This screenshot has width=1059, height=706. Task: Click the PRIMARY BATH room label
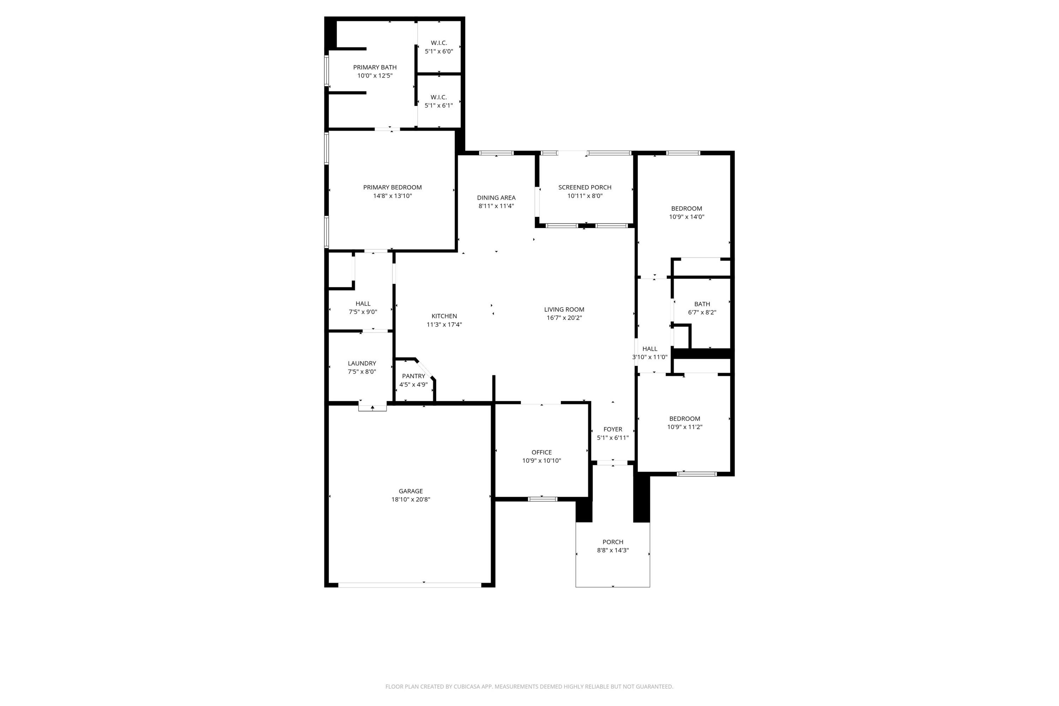pos(375,67)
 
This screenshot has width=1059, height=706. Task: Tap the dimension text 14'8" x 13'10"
pos(392,196)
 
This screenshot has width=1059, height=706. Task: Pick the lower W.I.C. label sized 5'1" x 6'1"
pos(438,97)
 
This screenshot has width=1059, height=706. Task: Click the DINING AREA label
pos(496,198)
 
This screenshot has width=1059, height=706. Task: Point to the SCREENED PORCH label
pos(585,187)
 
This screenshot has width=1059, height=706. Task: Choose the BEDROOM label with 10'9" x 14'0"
pos(686,209)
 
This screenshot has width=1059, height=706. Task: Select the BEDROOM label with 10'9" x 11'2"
pos(684,419)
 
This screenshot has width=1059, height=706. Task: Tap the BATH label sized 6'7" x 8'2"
pos(702,304)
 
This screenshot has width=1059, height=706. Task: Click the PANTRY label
pos(413,376)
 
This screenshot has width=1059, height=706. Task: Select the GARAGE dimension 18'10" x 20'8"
pos(411,499)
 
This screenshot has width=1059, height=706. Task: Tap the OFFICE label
pos(541,453)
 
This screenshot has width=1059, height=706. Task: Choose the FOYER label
pos(612,430)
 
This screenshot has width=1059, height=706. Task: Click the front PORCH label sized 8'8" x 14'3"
pos(612,542)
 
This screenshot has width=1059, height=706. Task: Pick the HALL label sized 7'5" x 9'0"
pos(363,304)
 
